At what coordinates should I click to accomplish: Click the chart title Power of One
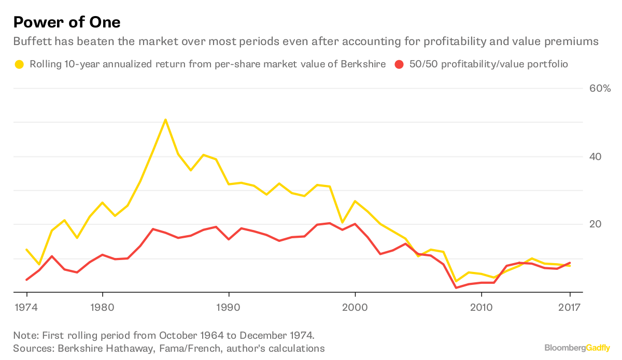click(67, 22)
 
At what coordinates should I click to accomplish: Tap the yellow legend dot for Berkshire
click(19, 65)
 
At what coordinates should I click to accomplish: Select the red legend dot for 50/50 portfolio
click(399, 65)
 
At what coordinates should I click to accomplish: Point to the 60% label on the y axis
click(600, 89)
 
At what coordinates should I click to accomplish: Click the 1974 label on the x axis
click(26, 307)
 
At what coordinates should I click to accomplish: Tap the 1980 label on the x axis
click(102, 307)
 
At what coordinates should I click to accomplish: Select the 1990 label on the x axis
click(229, 307)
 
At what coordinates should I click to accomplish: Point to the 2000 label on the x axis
click(355, 307)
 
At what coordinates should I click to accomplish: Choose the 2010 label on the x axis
click(482, 307)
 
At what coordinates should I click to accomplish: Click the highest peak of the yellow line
click(165, 120)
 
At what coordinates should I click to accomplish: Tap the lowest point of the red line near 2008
click(456, 287)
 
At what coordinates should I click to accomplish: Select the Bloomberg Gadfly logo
click(577, 348)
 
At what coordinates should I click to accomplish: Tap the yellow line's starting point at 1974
click(26, 249)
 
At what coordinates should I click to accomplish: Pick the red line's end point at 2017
click(570, 263)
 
